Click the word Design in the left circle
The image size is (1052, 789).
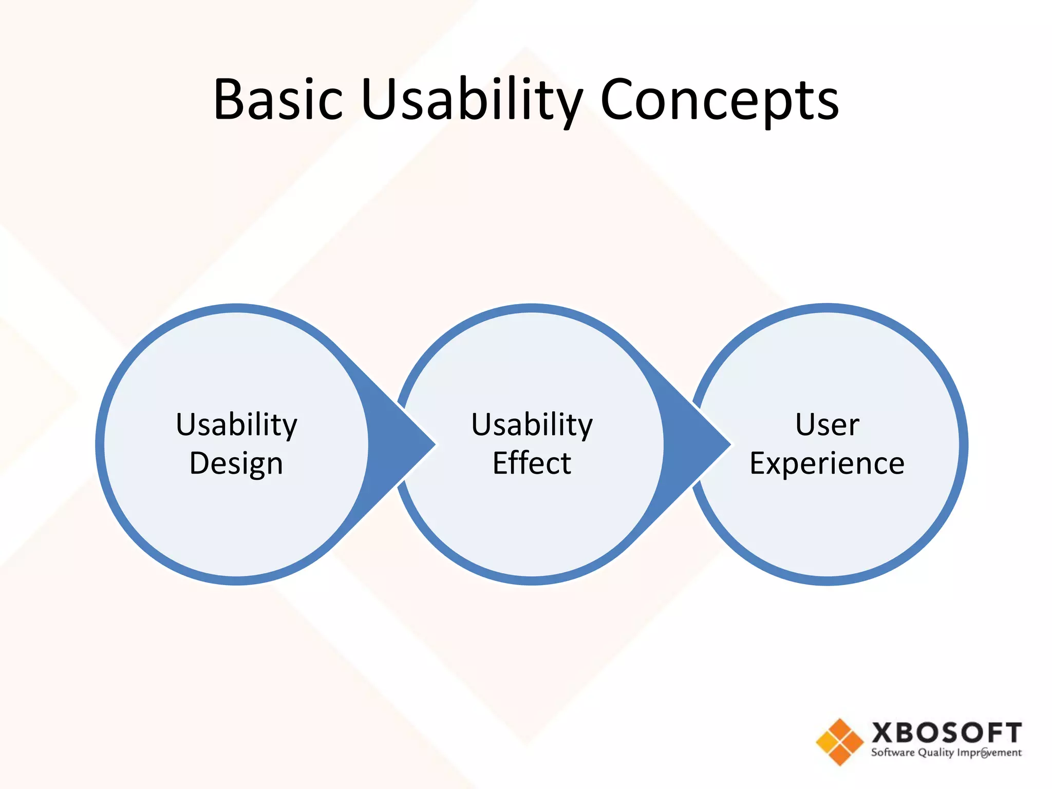[x=236, y=463]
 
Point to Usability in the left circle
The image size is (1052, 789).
[x=236, y=424]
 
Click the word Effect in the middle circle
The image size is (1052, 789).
[x=532, y=463]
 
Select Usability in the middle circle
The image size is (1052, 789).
[x=532, y=424]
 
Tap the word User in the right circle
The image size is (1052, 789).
[x=827, y=424]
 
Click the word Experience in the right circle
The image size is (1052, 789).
[x=827, y=463]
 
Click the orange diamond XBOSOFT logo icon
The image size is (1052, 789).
[x=840, y=742]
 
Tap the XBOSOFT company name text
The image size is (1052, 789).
[x=946, y=733]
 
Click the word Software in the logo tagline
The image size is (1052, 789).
[x=892, y=753]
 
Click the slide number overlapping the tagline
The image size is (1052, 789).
[x=984, y=754]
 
